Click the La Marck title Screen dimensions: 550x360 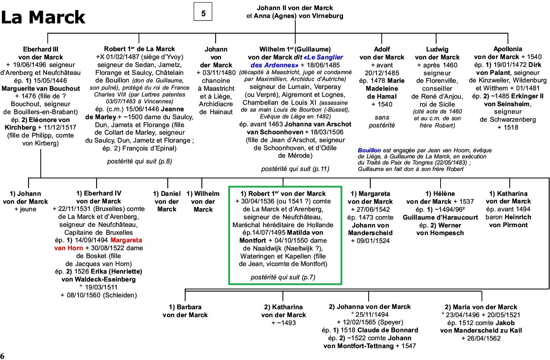43,17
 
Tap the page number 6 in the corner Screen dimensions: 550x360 2,356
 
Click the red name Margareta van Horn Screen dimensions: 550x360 98,244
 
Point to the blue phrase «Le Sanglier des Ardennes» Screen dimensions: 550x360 297,61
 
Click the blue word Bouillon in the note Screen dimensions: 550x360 369,150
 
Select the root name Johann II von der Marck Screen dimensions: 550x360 295,8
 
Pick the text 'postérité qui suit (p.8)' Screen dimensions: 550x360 139,161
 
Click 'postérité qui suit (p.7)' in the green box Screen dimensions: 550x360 283,277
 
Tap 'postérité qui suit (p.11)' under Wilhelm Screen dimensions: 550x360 295,169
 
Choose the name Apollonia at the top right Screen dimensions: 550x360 508,49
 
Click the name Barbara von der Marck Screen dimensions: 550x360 185,311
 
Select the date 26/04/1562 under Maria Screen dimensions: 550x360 484,338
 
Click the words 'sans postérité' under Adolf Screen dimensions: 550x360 382,121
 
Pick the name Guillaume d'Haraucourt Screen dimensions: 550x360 440,217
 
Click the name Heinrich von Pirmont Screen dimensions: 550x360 508,221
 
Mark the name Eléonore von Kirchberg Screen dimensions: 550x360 41,124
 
